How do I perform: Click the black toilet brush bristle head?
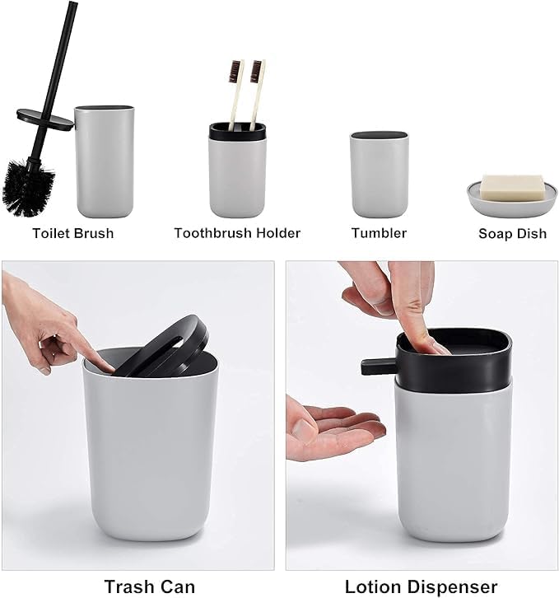pos(29,188)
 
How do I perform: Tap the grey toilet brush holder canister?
pos(105,161)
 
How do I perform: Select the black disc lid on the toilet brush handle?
pos(45,119)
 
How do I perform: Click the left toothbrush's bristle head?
pos(237,72)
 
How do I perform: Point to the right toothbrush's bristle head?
pos(258,72)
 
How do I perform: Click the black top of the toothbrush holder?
pos(237,132)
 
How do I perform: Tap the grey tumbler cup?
pos(379,175)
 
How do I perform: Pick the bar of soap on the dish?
pos(512,187)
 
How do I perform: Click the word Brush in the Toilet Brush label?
pos(93,233)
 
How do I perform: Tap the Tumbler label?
pos(379,233)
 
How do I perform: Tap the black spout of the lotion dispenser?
pos(378,366)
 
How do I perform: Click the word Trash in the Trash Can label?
pos(128,586)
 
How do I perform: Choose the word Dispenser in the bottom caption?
pos(452,587)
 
